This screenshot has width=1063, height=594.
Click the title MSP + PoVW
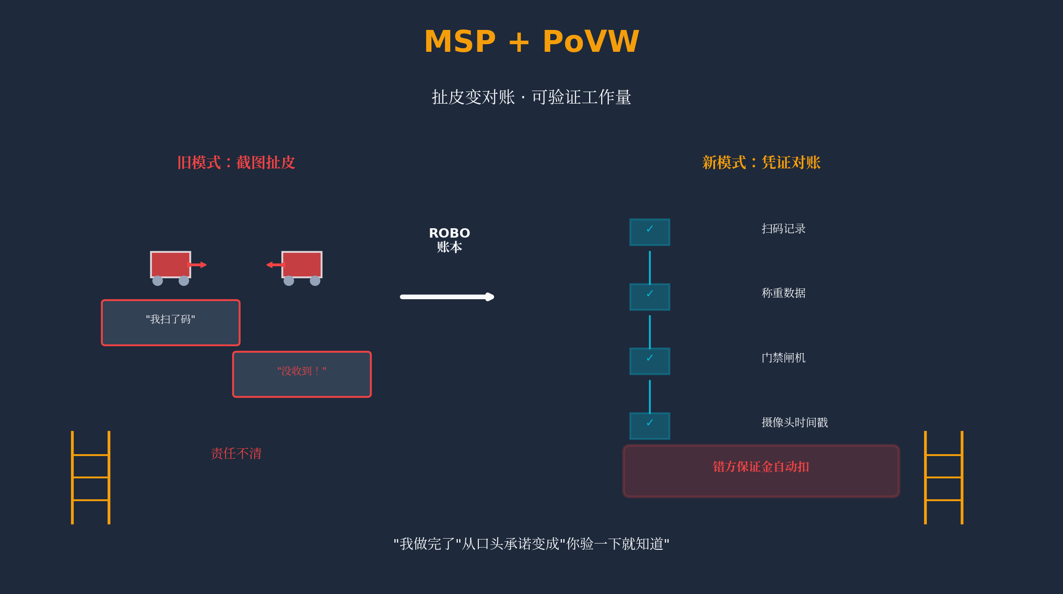pos(531,42)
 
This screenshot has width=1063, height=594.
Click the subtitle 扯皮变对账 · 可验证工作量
pos(531,97)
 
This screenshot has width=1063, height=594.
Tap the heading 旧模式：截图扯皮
pos(236,163)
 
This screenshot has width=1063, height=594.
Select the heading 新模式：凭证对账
pos(761,163)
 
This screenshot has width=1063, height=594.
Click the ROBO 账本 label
pos(449,240)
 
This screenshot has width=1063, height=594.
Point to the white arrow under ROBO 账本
pos(447,297)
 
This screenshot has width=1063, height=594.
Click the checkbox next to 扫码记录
pos(649,232)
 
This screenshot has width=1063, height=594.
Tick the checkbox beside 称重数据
pos(649,297)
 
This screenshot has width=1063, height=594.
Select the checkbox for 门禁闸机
pos(649,361)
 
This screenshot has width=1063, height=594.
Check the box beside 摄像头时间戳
pos(649,426)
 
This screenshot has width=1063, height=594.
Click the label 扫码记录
pos(783,229)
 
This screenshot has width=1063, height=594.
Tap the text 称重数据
pos(783,293)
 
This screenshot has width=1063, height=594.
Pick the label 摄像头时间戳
pos(795,422)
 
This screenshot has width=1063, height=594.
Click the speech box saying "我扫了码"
pos(171,322)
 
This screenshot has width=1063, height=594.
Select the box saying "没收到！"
pos(302,374)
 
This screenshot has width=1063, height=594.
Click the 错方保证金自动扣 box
pos(761,471)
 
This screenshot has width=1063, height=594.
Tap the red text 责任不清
pos(236,454)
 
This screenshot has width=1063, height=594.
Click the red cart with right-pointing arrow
pos(171,266)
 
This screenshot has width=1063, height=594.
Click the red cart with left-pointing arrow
pos(302,266)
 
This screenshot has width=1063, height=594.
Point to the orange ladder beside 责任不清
pos(91,477)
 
